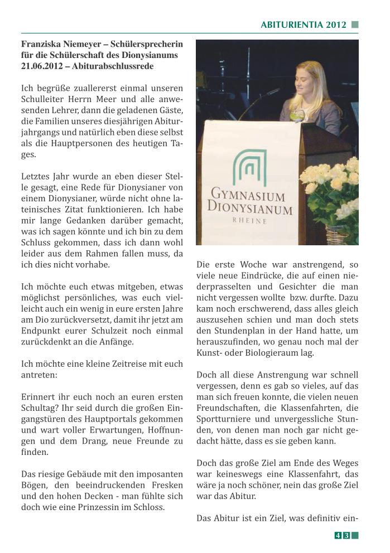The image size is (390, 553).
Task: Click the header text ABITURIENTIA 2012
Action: (304, 25)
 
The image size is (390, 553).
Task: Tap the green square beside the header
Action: (355, 25)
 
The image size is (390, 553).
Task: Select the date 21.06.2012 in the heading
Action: (43, 66)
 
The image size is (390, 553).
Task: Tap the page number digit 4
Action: (338, 536)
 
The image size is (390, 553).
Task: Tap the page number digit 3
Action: (346, 536)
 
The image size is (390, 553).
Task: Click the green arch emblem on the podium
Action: (250, 168)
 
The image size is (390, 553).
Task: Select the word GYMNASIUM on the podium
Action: (248, 196)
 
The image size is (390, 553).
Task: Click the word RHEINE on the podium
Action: (249, 220)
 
